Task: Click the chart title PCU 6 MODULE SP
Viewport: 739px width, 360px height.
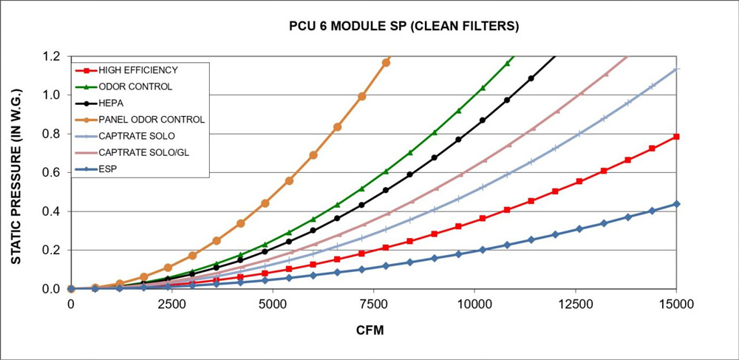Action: coord(403,27)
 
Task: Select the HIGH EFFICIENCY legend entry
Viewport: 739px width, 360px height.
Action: coord(138,70)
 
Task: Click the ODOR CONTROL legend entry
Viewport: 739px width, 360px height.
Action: coord(135,86)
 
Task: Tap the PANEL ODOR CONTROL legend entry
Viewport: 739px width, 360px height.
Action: coord(151,119)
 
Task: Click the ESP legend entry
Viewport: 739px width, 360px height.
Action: coord(108,168)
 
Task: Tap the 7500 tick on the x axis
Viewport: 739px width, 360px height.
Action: coord(475,304)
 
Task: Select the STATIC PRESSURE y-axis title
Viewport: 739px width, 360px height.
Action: coord(16,171)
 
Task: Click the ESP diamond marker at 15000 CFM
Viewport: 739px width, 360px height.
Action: coord(677,204)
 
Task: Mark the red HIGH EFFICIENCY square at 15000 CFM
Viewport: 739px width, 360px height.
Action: coord(677,137)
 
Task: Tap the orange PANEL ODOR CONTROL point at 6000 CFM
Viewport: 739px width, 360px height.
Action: coord(313,155)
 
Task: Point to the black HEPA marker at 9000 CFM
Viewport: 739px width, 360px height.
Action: coord(435,157)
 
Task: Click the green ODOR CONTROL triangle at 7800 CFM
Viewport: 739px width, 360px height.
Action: coord(386,171)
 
